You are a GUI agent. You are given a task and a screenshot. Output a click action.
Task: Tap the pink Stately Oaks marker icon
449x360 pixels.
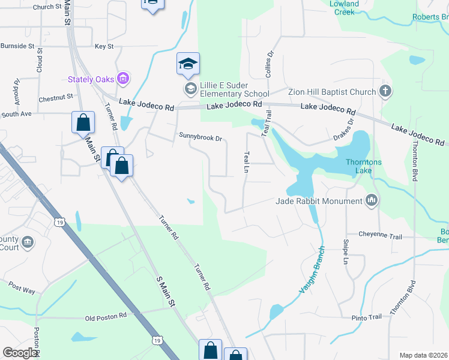coord(123,78)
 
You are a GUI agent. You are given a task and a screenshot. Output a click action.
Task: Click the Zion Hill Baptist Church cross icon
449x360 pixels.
coord(385,92)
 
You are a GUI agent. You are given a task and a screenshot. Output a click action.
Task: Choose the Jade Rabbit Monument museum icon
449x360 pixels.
coord(371,201)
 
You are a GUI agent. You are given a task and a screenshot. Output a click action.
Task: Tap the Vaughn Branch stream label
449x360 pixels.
coord(312,269)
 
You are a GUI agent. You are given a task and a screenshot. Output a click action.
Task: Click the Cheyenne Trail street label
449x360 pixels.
coord(380,236)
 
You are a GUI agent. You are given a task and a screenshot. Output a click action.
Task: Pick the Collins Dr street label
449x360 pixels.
coord(270,62)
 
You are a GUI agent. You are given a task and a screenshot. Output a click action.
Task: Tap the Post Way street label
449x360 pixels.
coord(22,290)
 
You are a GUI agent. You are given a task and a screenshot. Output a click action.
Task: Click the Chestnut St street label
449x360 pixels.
coord(55,96)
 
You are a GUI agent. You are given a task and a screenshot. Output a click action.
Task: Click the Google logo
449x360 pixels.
coord(20,353)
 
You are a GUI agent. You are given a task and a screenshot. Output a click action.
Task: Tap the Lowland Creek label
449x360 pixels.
coord(344,7)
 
